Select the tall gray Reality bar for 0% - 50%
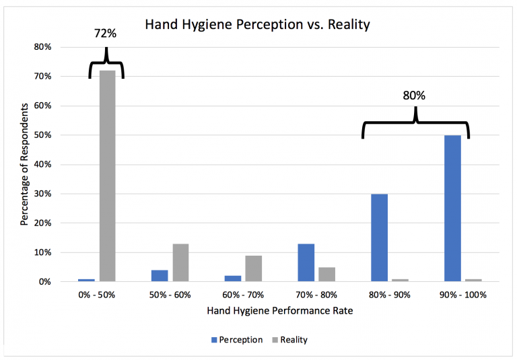(x=107, y=176)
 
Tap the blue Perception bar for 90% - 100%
(x=452, y=208)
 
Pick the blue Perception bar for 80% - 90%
(x=379, y=238)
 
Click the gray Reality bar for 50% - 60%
(x=180, y=262)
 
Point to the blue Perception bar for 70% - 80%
(x=306, y=262)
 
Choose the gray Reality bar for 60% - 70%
(x=253, y=268)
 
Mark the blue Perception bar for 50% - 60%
(x=159, y=275)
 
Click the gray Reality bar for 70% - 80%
(x=326, y=274)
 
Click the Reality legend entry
(x=288, y=340)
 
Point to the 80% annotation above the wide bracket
(x=414, y=96)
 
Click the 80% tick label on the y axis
(x=43, y=47)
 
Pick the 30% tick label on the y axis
(x=43, y=194)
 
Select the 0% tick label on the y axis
(x=45, y=282)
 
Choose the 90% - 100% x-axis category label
(x=462, y=295)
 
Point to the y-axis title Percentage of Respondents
(x=24, y=164)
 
